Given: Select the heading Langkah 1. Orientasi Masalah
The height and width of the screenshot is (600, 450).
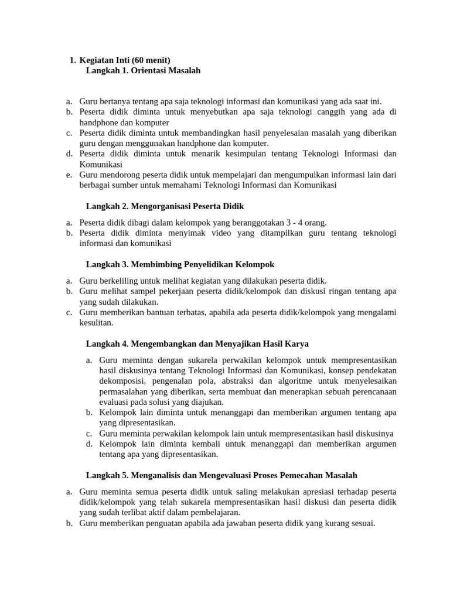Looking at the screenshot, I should [143, 70].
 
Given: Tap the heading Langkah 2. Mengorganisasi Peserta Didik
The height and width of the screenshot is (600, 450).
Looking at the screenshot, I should [165, 206].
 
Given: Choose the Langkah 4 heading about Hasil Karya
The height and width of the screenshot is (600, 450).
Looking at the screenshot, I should [197, 343].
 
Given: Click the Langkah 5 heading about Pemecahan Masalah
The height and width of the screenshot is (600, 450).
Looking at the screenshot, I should [221, 475].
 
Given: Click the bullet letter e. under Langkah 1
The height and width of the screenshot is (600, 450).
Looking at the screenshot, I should [69, 175].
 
